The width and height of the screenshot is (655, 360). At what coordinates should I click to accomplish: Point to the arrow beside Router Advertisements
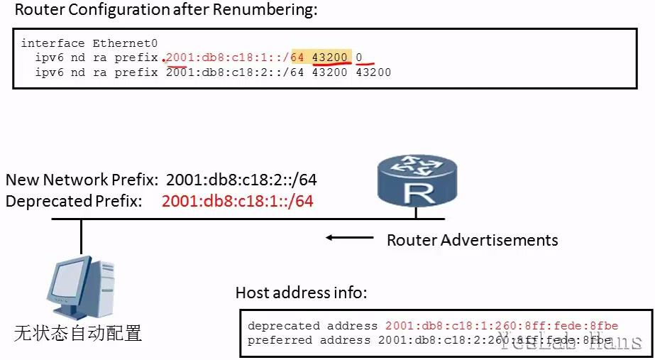click(x=348, y=239)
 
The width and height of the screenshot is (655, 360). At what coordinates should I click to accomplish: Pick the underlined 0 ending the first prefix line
click(x=359, y=58)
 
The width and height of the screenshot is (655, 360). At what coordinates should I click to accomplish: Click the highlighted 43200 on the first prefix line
click(x=329, y=58)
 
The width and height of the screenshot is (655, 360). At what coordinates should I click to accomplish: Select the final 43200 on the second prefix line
click(x=373, y=72)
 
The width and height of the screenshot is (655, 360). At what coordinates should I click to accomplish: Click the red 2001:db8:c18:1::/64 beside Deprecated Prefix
click(x=237, y=201)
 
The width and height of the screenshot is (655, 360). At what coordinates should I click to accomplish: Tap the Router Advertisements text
click(x=472, y=239)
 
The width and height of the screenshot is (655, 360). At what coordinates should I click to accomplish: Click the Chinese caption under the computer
click(x=78, y=332)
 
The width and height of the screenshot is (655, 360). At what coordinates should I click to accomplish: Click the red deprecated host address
click(x=502, y=326)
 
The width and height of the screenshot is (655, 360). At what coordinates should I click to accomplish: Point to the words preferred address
click(x=309, y=339)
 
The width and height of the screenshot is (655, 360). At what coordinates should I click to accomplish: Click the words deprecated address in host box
click(x=312, y=326)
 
